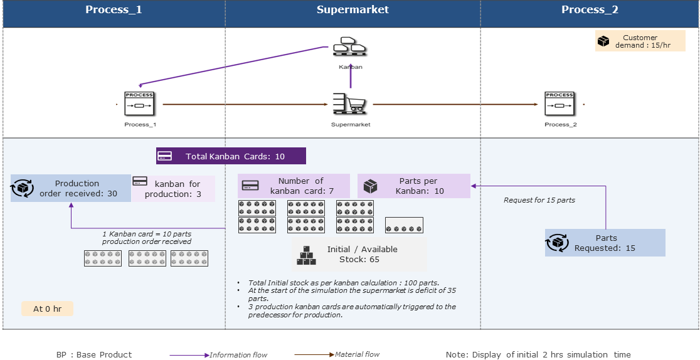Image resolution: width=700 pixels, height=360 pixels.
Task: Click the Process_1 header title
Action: click(114, 9)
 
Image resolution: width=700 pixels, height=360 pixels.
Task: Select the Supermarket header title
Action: click(353, 9)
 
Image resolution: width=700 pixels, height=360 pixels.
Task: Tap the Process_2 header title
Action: click(590, 9)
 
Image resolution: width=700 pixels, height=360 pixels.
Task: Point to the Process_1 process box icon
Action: click(139, 103)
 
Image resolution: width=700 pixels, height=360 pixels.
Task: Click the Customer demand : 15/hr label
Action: click(640, 41)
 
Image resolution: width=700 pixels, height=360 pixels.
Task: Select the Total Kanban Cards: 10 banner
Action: click(231, 156)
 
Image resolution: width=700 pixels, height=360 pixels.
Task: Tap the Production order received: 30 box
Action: click(71, 188)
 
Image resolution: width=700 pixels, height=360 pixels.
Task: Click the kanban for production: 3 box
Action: click(173, 189)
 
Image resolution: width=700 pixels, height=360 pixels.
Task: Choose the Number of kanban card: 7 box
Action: click(294, 186)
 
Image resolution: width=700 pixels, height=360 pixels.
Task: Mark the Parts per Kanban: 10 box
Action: click(413, 186)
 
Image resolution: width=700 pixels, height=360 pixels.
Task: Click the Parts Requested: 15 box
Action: click(605, 243)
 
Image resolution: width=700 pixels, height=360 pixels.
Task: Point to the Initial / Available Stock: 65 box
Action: click(359, 254)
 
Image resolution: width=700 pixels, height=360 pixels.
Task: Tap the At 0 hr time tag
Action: click(47, 309)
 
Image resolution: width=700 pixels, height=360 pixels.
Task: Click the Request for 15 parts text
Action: click(539, 200)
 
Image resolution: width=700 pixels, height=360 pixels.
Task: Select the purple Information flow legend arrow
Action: click(189, 355)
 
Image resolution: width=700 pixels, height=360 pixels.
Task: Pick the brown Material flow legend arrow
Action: click(315, 354)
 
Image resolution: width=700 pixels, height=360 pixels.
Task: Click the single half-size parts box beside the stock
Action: click(404, 225)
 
